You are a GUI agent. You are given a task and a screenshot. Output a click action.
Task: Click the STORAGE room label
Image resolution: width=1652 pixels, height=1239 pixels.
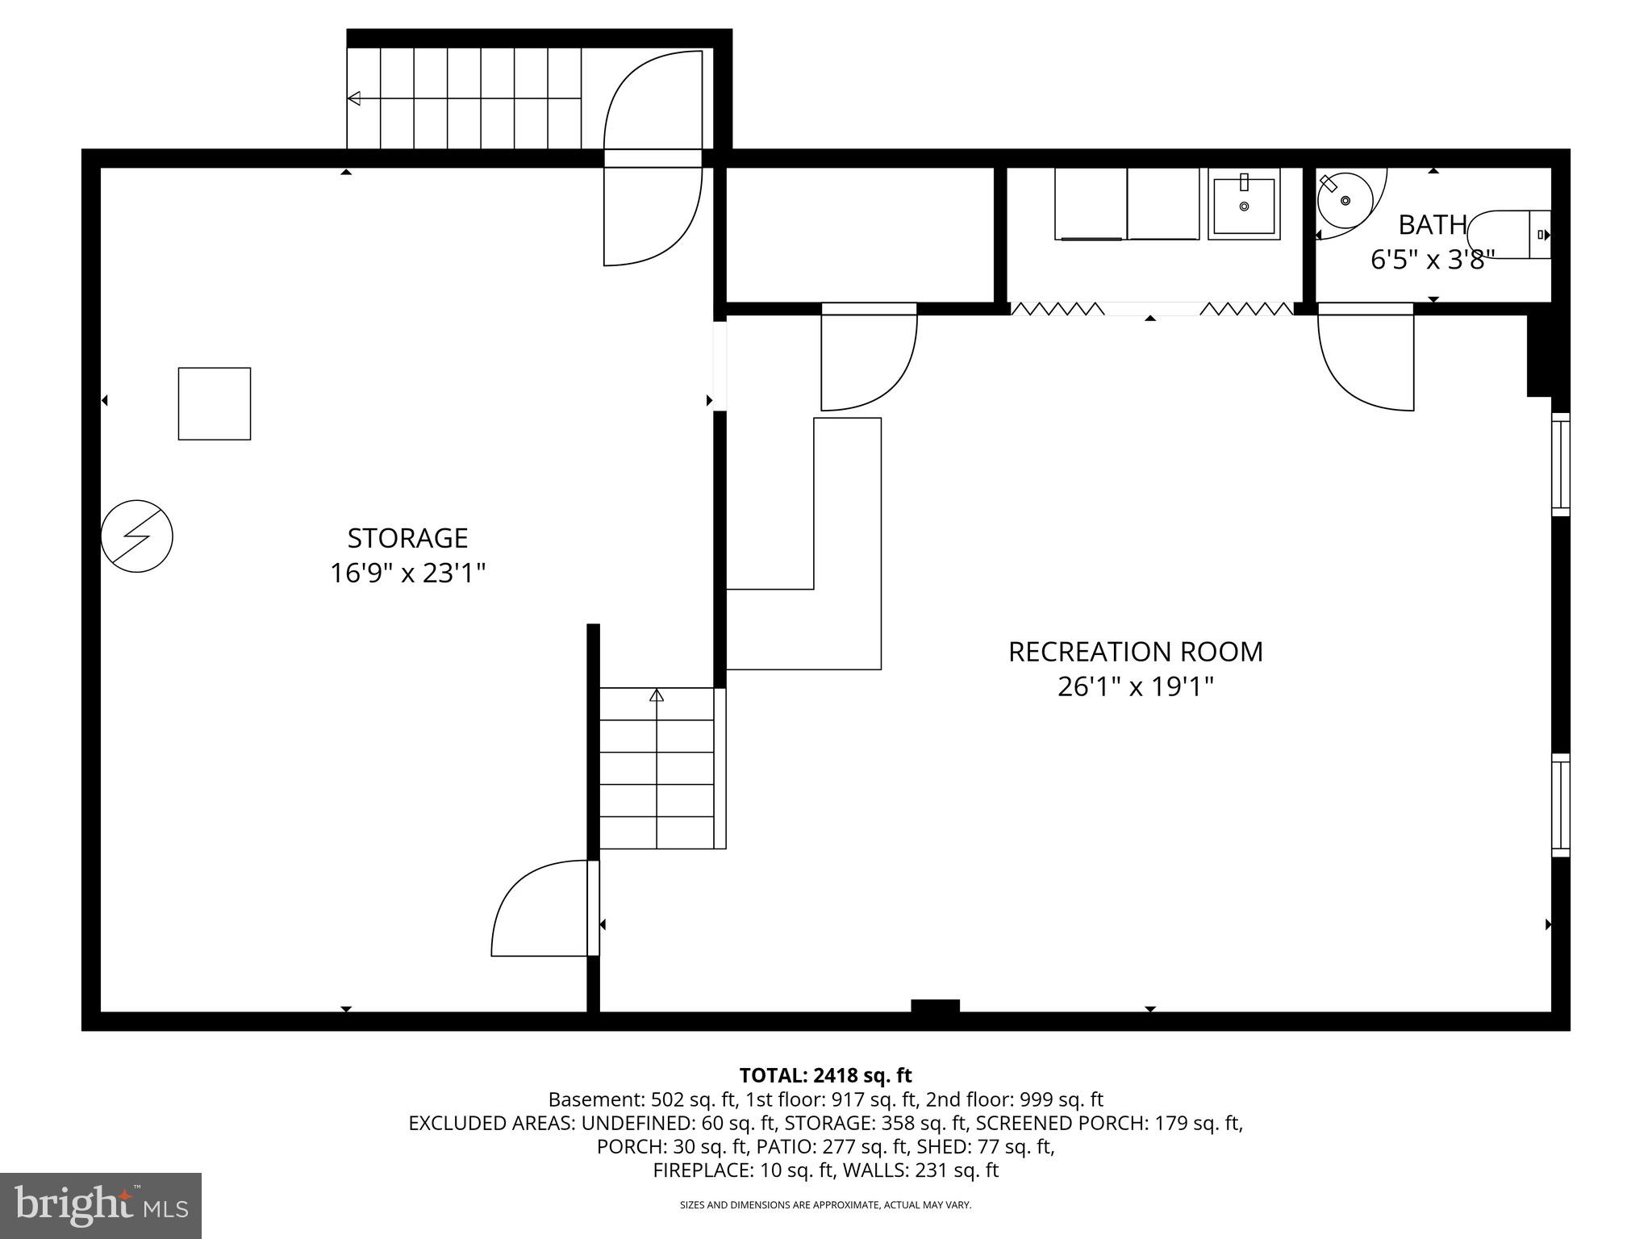click(x=407, y=538)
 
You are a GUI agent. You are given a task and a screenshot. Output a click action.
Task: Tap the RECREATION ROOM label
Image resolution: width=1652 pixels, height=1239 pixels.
click(x=1135, y=652)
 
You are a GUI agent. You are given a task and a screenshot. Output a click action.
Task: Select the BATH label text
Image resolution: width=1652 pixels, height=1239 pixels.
click(x=1432, y=225)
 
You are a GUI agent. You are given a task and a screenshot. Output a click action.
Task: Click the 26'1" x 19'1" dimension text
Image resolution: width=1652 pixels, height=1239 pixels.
click(x=1135, y=687)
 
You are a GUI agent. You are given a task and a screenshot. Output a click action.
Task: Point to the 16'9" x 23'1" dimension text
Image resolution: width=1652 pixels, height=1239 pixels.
click(x=407, y=574)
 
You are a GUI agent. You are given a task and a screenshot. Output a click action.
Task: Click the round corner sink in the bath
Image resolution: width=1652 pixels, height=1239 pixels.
click(x=1345, y=199)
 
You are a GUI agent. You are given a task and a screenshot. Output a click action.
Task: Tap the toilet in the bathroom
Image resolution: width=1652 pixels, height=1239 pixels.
click(x=1507, y=235)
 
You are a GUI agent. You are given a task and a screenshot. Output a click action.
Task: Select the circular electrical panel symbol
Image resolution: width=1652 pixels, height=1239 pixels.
click(x=137, y=536)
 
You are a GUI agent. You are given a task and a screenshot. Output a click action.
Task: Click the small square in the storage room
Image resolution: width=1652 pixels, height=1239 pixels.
click(x=215, y=404)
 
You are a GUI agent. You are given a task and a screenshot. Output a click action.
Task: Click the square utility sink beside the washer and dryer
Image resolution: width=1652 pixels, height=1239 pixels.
click(x=1244, y=206)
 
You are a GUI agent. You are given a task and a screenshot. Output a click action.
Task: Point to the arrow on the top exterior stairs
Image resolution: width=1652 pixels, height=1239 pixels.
click(x=354, y=98)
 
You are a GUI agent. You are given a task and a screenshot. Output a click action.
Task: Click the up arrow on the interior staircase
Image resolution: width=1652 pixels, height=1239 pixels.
click(x=657, y=695)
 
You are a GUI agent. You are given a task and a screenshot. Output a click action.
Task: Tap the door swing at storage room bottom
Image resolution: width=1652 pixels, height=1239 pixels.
click(x=539, y=910)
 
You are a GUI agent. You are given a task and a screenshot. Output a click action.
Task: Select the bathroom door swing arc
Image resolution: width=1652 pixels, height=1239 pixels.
click(x=1363, y=363)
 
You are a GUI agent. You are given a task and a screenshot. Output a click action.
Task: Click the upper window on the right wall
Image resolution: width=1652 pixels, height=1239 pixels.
click(x=1561, y=464)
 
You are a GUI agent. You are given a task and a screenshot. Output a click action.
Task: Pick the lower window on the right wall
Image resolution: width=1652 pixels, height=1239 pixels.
click(x=1561, y=805)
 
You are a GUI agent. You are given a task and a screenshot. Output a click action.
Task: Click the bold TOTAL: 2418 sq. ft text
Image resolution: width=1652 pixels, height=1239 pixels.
click(x=825, y=1075)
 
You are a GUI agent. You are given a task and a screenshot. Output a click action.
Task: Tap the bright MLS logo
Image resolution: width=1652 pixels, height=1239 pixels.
click(x=101, y=1205)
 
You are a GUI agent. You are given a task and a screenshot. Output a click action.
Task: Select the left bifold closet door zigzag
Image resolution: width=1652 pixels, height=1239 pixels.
click(x=1057, y=309)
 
